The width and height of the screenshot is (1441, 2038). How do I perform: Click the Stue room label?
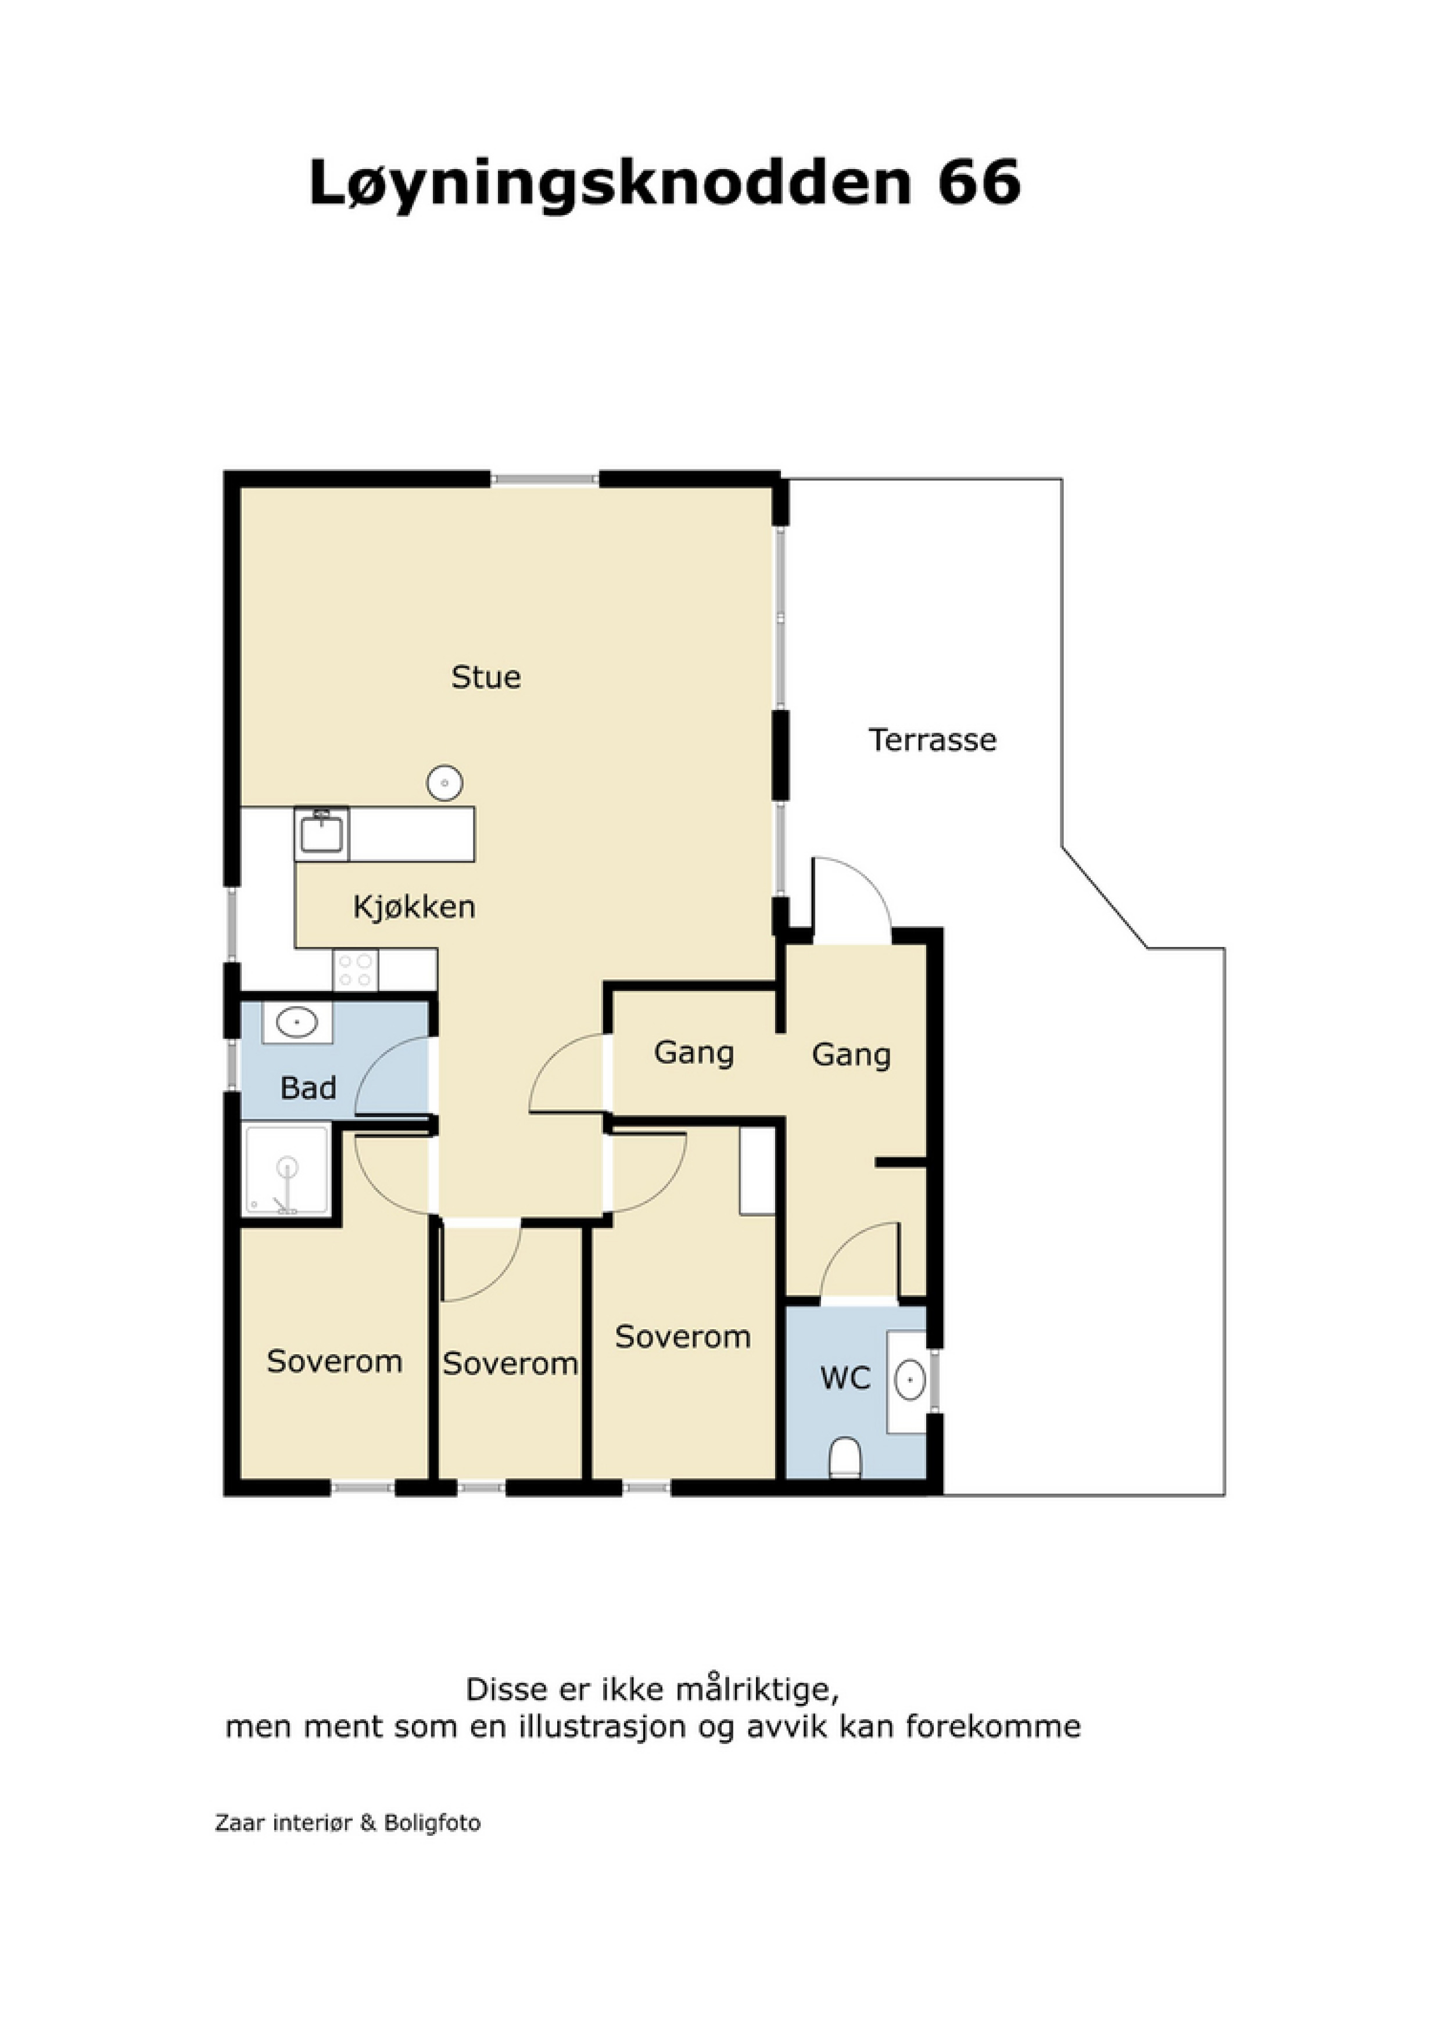coord(486,677)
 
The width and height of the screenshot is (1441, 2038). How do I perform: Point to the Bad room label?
coord(308,1088)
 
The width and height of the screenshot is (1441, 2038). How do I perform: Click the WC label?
coord(845,1379)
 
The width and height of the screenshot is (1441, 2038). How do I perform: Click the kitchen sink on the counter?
coord(321,834)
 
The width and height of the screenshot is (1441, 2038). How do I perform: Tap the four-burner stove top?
coord(355,970)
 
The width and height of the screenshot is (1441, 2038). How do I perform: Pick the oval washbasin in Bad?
coord(296,1024)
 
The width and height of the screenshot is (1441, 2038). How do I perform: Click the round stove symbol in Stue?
coord(445,783)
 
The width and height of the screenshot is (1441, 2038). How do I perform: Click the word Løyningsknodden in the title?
coord(610,185)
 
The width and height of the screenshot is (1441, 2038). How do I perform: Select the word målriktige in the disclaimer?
coord(757,1689)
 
